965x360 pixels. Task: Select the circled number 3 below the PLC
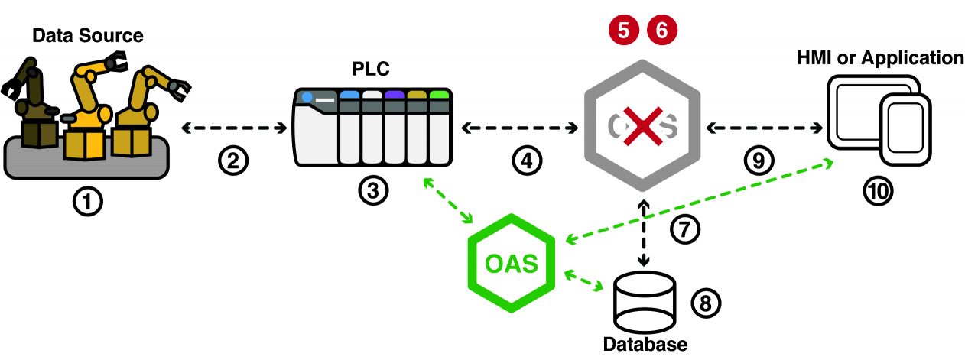(372, 191)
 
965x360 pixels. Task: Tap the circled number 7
(685, 229)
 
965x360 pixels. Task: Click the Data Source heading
(87, 36)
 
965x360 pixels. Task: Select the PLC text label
(372, 70)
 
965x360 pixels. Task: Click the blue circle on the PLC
(307, 98)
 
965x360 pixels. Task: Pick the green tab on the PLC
(438, 95)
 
